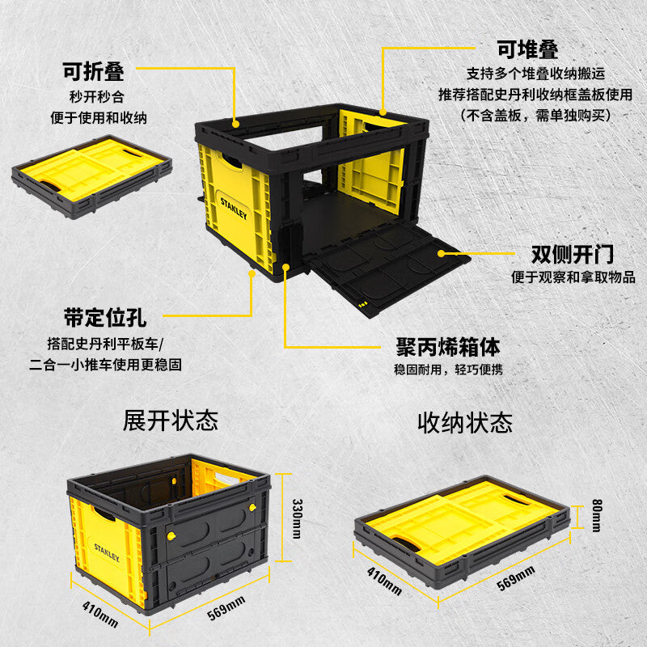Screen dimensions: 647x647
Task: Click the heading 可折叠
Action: click(x=93, y=71)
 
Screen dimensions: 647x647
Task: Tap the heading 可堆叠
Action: click(x=527, y=49)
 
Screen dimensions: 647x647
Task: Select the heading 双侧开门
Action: click(x=573, y=254)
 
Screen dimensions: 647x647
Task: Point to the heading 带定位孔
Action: click(x=105, y=318)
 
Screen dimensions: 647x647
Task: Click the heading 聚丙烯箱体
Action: click(x=448, y=347)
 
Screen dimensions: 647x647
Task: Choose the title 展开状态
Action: click(x=171, y=421)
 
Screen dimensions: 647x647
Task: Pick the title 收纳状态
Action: click(x=465, y=422)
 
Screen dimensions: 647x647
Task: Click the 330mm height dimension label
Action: click(x=297, y=518)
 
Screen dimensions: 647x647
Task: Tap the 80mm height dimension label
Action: click(x=597, y=515)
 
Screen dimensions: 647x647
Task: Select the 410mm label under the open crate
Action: click(x=100, y=614)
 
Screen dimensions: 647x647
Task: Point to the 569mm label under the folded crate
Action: click(x=516, y=578)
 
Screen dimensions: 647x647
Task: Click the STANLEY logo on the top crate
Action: click(x=234, y=208)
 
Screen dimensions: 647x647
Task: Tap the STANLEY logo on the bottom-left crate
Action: click(x=107, y=552)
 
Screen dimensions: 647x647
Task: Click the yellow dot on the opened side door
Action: click(x=441, y=253)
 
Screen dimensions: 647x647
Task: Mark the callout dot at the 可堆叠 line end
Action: click(x=383, y=112)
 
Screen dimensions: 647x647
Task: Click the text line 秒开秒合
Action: click(x=97, y=97)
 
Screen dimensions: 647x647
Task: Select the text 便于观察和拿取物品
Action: click(x=573, y=277)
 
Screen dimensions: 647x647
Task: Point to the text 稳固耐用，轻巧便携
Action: click(x=449, y=370)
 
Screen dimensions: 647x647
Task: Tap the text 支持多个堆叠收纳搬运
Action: click(x=535, y=74)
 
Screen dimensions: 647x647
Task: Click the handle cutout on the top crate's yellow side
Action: click(x=231, y=161)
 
